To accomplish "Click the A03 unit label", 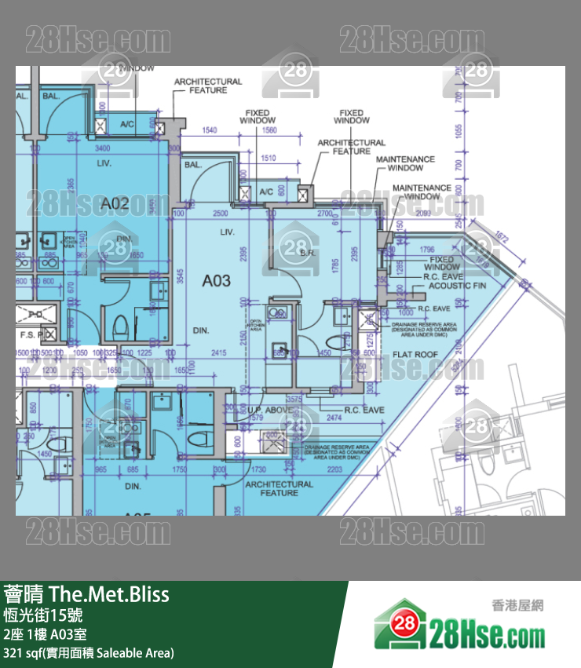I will coord(217,280).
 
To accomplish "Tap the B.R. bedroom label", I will coord(308,253).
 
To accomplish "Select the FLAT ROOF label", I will coord(415,355).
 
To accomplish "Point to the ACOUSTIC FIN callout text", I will coord(457,286).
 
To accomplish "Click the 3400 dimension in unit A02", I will coord(102,148).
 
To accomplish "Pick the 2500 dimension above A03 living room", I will coord(221,214).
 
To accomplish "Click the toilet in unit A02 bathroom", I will coord(120,325).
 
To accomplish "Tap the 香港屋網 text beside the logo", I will coord(517,605).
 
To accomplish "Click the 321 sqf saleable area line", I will coord(89,653).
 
